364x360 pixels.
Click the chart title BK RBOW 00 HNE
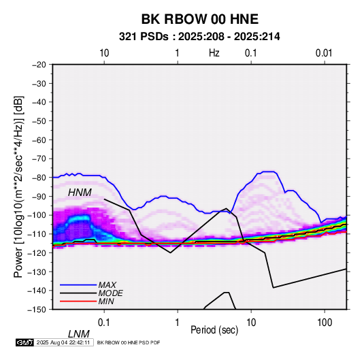click(200, 19)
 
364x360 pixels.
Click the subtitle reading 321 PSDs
click(144, 37)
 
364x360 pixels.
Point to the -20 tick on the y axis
click(39, 65)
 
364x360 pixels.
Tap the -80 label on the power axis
click(39, 178)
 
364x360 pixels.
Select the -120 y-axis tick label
click(37, 253)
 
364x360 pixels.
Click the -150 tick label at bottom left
click(37, 310)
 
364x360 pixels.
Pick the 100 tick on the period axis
click(325, 323)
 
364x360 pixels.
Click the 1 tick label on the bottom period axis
click(178, 323)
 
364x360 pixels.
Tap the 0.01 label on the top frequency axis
click(324, 53)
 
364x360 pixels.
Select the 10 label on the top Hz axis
click(104, 53)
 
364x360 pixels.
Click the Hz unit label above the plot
click(214, 53)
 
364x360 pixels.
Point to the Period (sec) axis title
click(214, 330)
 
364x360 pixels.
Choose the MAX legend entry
click(107, 284)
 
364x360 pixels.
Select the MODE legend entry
click(110, 293)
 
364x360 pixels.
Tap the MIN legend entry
click(106, 301)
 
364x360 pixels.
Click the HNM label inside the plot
click(80, 193)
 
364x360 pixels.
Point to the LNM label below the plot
click(79, 334)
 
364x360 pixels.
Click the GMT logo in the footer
click(25, 342)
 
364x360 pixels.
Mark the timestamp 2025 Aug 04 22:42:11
click(63, 342)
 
